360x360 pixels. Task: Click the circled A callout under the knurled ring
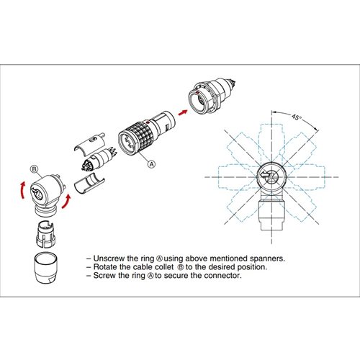tap(152, 163)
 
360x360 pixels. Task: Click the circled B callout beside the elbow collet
tap(34, 171)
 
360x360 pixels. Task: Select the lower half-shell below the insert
tap(89, 183)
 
